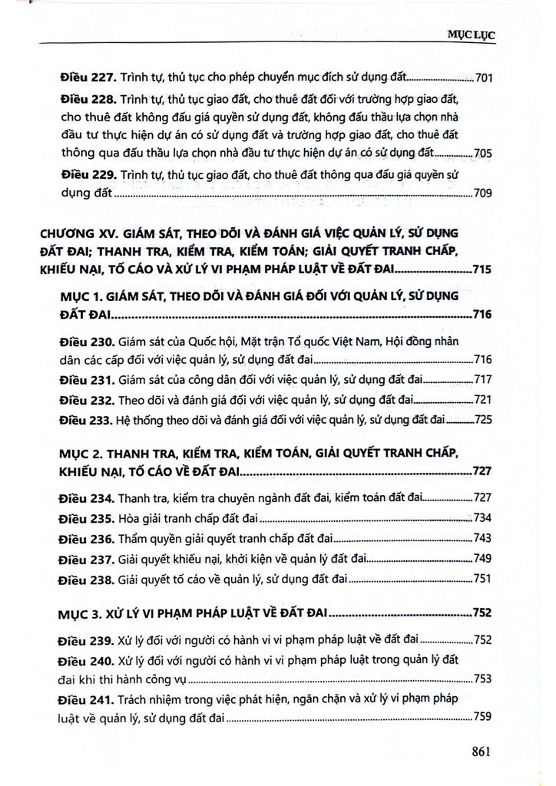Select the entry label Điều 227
(x=87, y=77)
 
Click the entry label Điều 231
(x=87, y=380)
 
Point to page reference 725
(x=484, y=420)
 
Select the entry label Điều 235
(x=87, y=517)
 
